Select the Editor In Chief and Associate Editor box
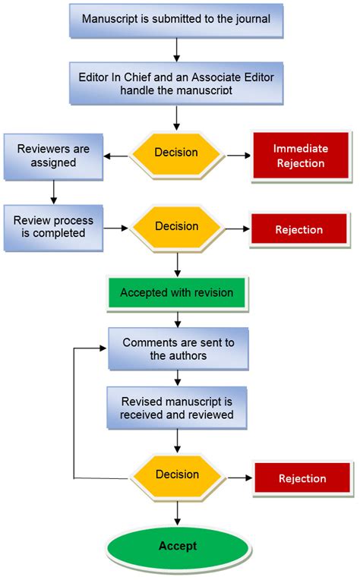(175, 84)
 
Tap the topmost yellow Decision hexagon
(176, 153)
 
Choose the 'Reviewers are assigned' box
(53, 156)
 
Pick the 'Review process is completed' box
(53, 227)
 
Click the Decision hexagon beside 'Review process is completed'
(176, 226)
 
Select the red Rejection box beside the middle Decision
(299, 229)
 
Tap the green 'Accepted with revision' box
(176, 292)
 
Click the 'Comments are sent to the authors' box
(178, 348)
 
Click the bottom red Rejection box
(302, 478)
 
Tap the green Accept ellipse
(178, 547)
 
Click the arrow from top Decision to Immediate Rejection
(238, 156)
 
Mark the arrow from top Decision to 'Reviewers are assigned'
(118, 157)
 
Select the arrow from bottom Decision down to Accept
(178, 512)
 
